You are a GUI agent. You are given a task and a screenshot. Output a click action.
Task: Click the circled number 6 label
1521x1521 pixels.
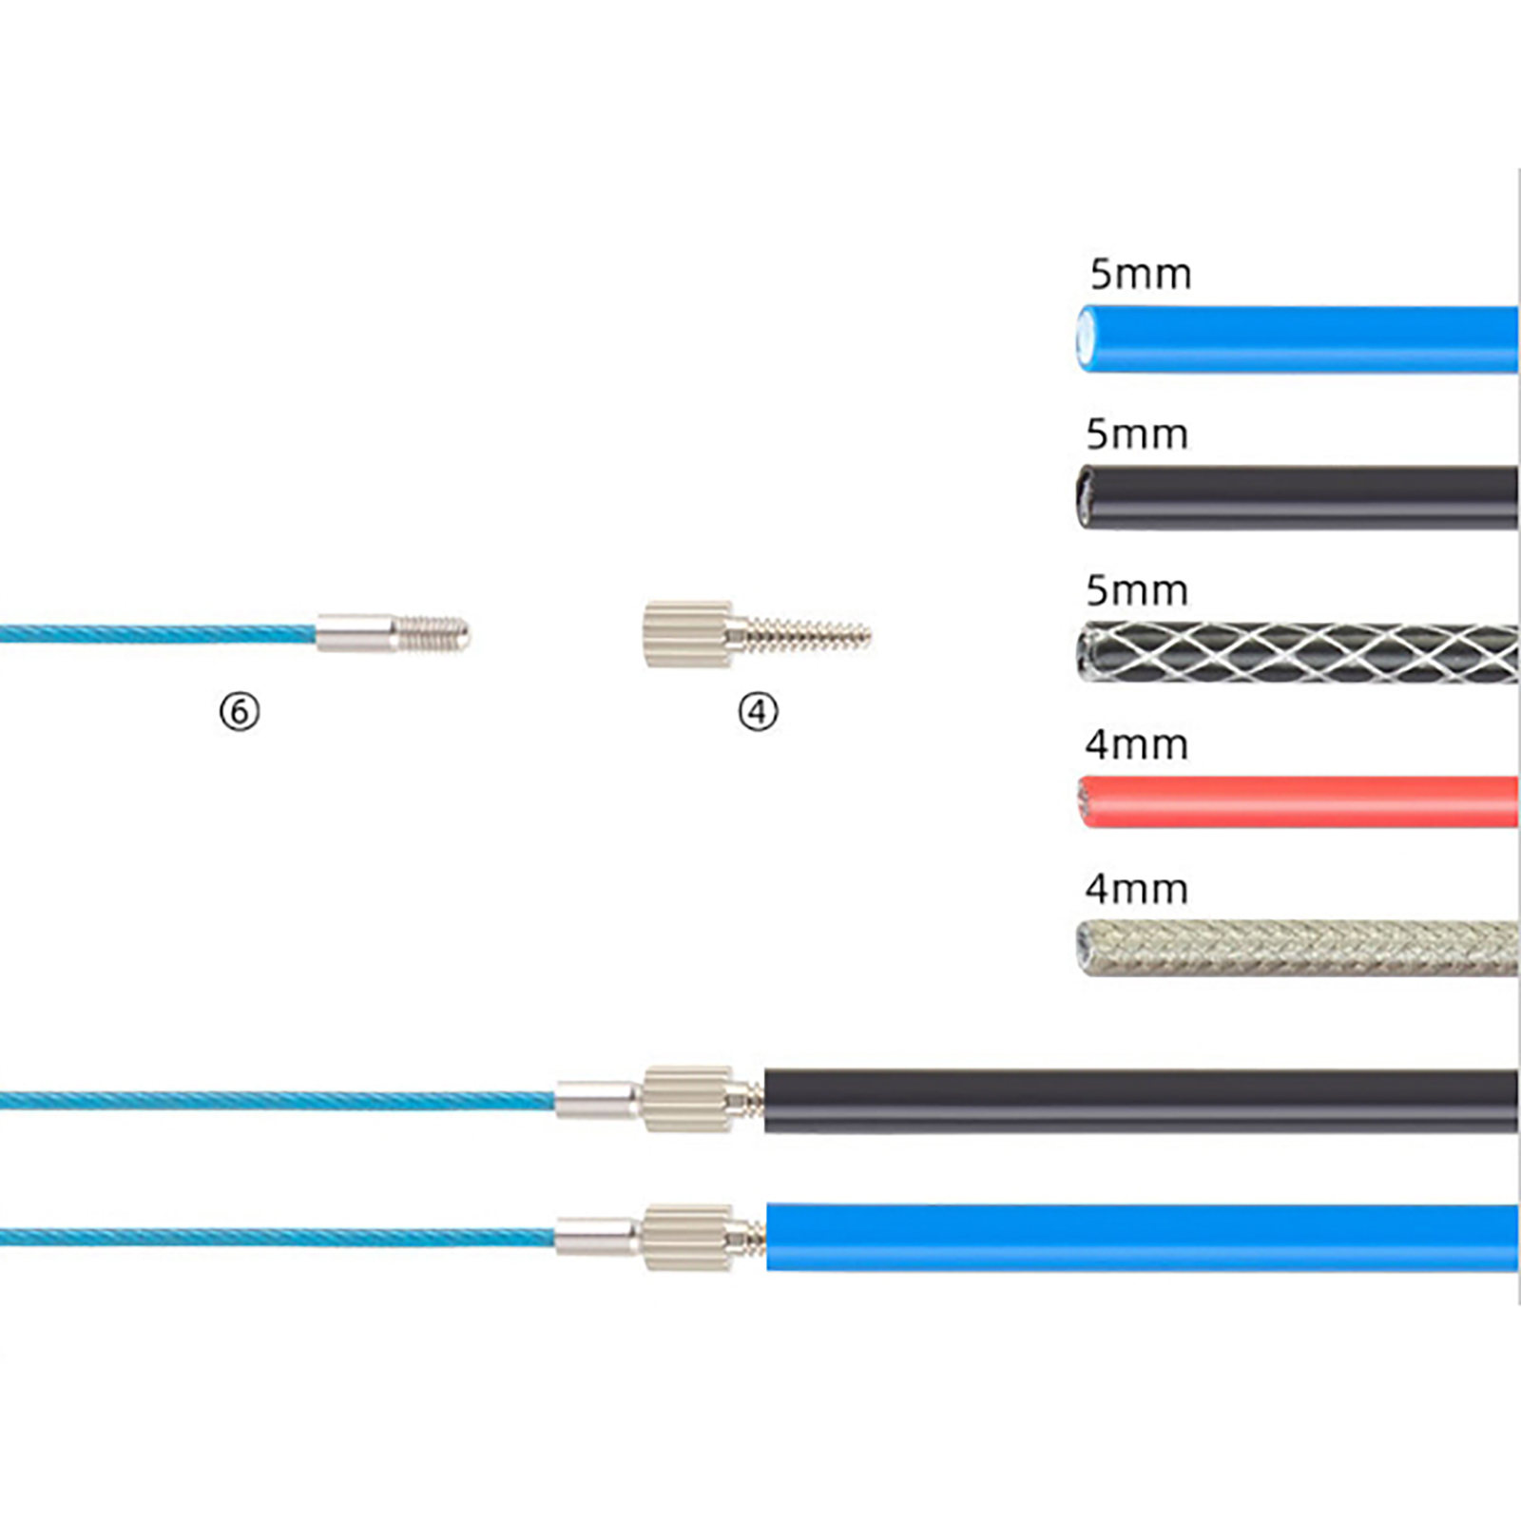[x=239, y=711]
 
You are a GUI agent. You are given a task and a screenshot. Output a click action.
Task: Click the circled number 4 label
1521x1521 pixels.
[x=758, y=711]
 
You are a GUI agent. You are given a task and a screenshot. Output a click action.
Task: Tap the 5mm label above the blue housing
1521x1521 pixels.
[x=1140, y=275]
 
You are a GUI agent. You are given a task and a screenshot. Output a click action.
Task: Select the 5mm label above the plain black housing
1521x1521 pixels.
[x=1137, y=435]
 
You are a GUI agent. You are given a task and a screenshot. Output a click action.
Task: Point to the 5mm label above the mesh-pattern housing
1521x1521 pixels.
[x=1137, y=591]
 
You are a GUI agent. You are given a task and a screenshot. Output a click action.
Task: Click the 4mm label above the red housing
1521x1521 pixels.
[x=1137, y=745]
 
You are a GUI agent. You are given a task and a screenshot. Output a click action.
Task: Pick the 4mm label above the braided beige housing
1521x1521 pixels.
[x=1137, y=890]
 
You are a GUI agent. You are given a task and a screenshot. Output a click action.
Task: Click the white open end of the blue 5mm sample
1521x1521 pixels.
[x=1086, y=338]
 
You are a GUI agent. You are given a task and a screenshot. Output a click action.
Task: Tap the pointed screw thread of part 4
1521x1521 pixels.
[x=808, y=634]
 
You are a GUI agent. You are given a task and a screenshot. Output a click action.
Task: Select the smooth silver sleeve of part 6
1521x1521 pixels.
[x=356, y=633]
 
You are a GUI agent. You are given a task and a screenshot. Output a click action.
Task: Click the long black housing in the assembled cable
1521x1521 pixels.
[x=1141, y=1101]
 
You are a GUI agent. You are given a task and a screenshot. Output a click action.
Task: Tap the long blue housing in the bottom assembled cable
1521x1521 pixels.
[x=1141, y=1237]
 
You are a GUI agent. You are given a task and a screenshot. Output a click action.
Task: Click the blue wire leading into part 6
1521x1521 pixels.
[x=152, y=633]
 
